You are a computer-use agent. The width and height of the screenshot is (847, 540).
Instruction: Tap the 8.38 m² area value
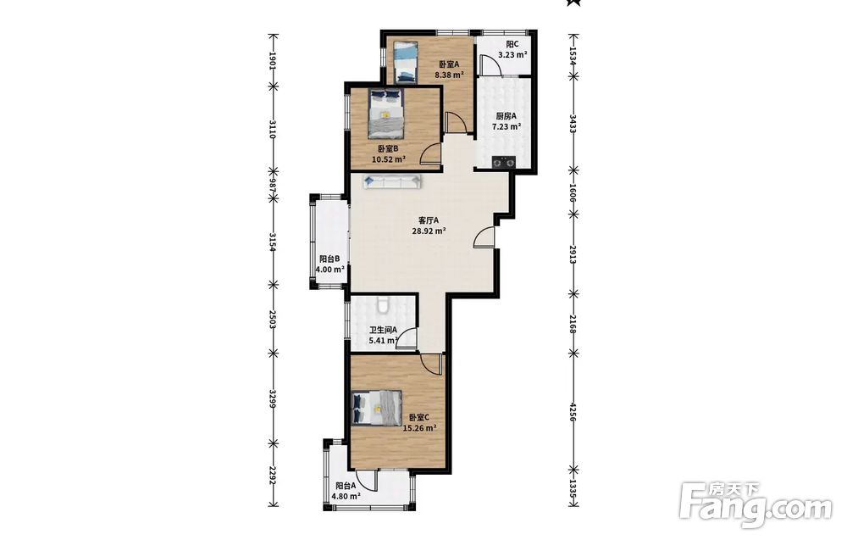(450, 75)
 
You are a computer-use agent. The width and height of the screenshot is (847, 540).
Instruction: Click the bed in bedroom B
(385, 114)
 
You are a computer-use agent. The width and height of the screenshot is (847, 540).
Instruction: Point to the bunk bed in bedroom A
(405, 62)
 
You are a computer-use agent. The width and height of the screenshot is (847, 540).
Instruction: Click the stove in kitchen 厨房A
(504, 161)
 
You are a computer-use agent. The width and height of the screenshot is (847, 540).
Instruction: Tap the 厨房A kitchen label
(507, 115)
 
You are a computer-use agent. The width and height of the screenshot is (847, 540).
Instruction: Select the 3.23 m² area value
(512, 54)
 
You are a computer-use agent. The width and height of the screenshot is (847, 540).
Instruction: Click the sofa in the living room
(393, 181)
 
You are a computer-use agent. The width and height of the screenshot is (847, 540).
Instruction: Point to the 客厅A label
(429, 220)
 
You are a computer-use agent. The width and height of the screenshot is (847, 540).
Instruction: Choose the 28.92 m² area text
(429, 231)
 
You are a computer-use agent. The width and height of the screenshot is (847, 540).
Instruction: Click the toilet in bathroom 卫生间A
(383, 305)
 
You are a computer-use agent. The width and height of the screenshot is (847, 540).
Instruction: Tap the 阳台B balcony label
(329, 259)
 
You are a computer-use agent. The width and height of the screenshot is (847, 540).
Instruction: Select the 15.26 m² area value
(420, 428)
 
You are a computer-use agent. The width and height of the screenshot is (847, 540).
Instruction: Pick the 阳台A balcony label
(346, 486)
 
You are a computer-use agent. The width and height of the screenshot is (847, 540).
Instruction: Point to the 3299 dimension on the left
(274, 399)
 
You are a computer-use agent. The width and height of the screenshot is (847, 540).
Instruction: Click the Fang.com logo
(756, 505)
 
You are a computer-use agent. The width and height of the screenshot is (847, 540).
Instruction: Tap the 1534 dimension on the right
(573, 54)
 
